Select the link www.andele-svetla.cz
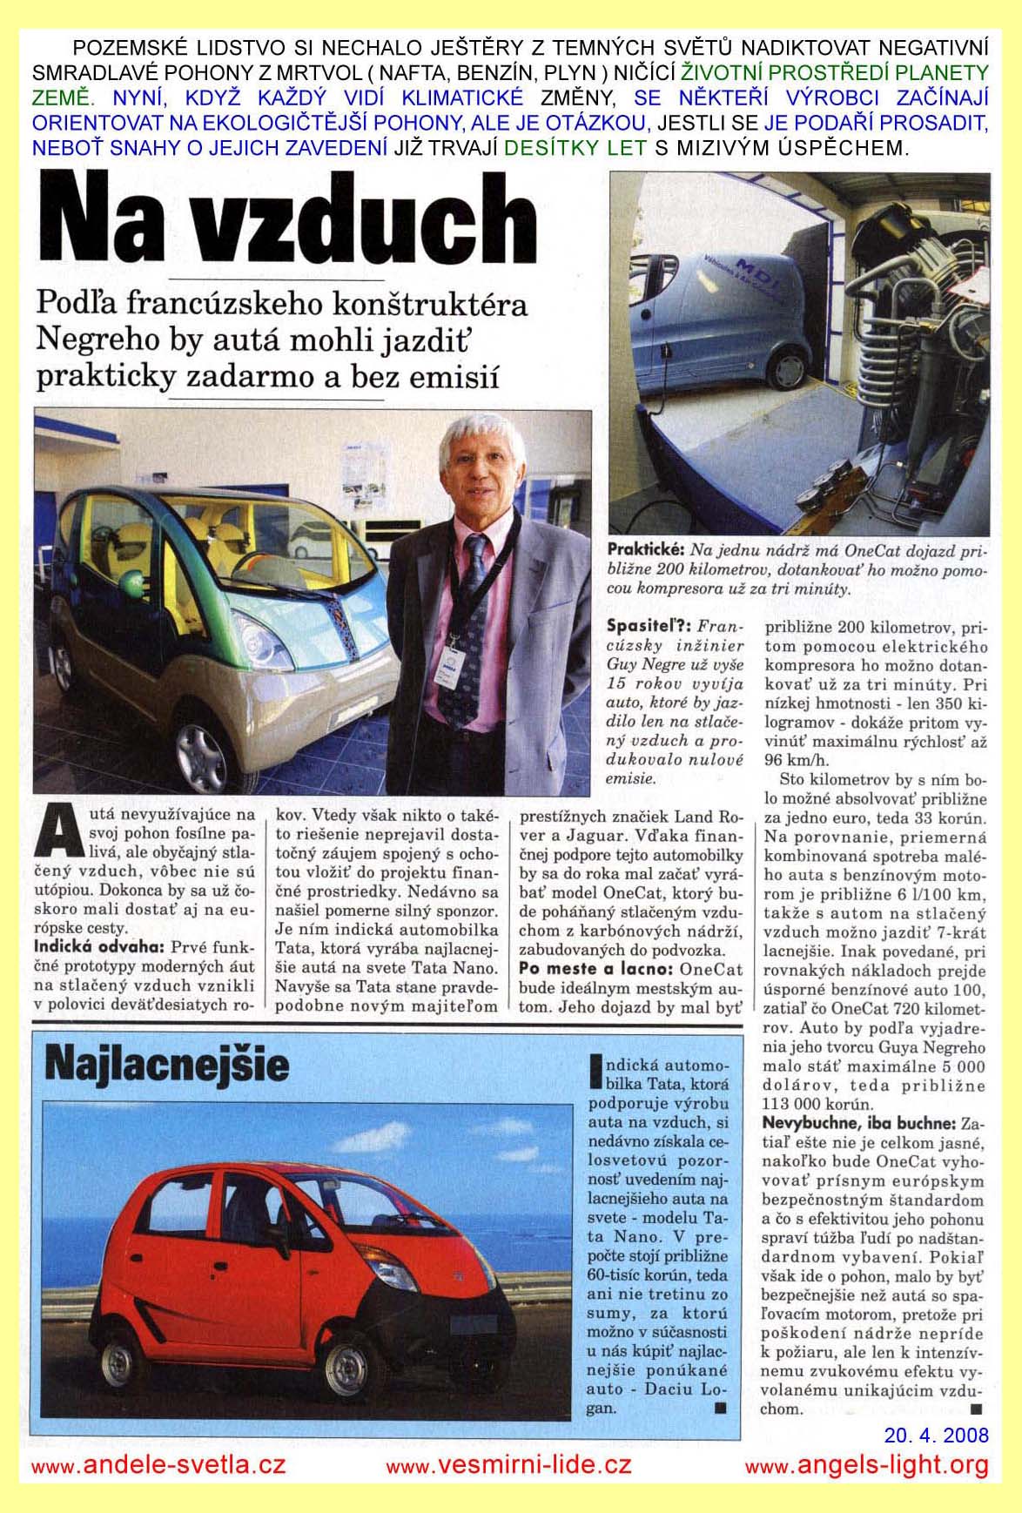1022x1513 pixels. click(x=158, y=1465)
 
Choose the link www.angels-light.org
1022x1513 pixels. click(x=867, y=1465)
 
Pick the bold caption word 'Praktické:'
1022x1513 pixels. click(x=647, y=550)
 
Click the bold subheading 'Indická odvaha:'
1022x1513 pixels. click(x=97, y=946)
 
